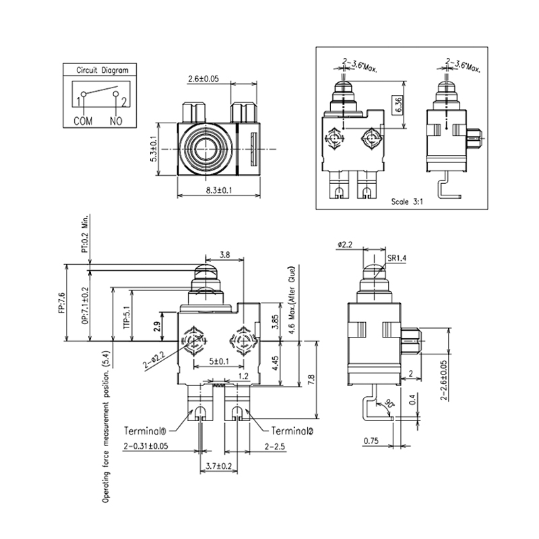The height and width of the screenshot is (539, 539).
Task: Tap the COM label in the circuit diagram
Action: [84, 121]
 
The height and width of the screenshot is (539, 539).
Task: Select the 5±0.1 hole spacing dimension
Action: [217, 362]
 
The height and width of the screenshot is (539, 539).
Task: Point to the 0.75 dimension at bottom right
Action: [371, 441]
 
